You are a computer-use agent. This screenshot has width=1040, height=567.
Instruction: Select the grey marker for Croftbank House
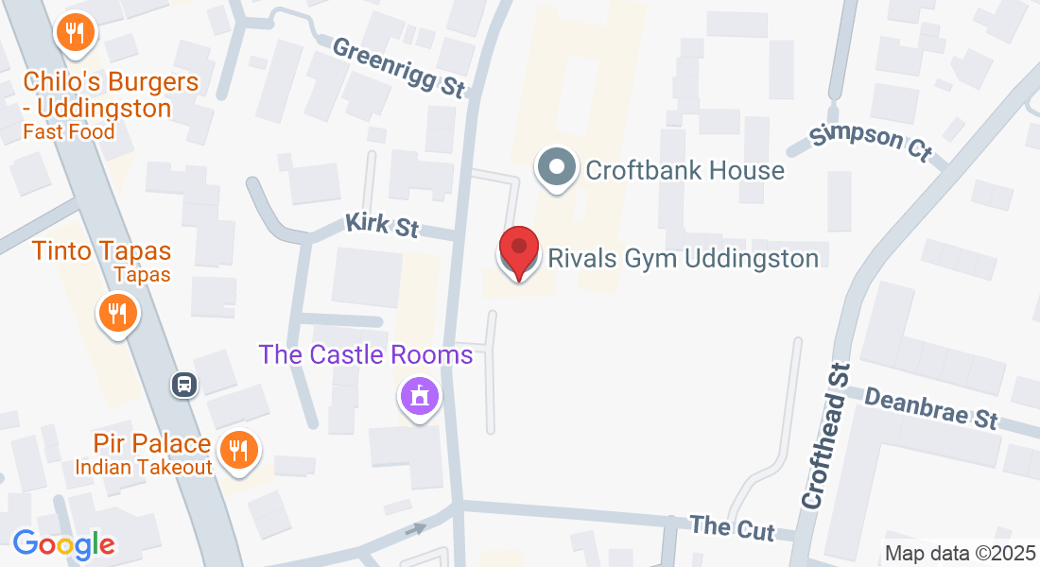[557, 168]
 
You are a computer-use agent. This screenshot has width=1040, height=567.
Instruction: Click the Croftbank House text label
[685, 170]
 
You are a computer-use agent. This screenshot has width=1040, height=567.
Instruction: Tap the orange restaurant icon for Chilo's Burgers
[74, 34]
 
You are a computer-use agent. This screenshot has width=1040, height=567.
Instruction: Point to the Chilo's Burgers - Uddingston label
[112, 94]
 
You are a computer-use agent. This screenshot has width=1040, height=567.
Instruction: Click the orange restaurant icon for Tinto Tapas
[117, 311]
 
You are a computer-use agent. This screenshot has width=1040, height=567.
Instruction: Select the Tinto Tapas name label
[101, 251]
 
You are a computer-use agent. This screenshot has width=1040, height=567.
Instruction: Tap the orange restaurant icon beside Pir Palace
[234, 451]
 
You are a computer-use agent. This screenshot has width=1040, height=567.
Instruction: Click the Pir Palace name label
[151, 443]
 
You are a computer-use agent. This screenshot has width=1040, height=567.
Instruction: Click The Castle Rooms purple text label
[366, 355]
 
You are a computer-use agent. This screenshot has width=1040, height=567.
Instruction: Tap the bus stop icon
[183, 385]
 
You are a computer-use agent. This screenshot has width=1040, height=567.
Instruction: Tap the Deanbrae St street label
[932, 407]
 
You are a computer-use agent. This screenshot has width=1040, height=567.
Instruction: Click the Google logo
[63, 544]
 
